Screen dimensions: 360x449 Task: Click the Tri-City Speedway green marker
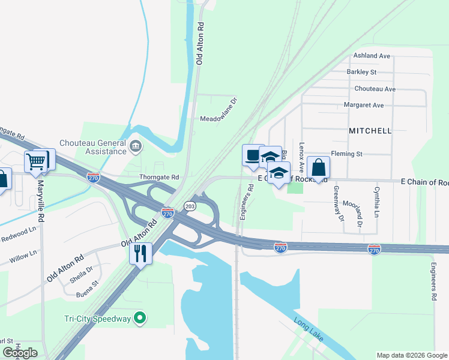tap(140, 318)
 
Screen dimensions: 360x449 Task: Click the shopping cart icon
tap(36, 161)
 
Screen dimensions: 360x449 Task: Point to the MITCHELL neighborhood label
tap(370, 130)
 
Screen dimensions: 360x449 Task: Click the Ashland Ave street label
tap(372, 56)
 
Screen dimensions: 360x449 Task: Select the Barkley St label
tap(361, 72)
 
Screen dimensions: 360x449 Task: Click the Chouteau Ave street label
tap(375, 89)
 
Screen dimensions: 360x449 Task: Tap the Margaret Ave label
tap(363, 105)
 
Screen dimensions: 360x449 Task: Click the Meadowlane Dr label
tap(219, 118)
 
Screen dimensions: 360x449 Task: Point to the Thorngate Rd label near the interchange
tap(159, 178)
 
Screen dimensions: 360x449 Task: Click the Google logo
tap(20, 353)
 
